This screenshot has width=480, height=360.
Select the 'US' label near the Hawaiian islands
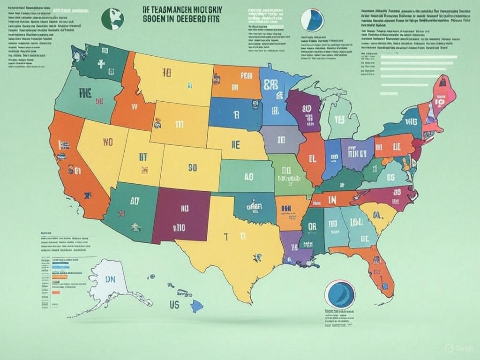174,305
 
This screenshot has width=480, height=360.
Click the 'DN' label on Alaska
110,279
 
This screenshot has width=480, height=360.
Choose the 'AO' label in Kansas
248,176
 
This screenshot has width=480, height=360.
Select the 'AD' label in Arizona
135,202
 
